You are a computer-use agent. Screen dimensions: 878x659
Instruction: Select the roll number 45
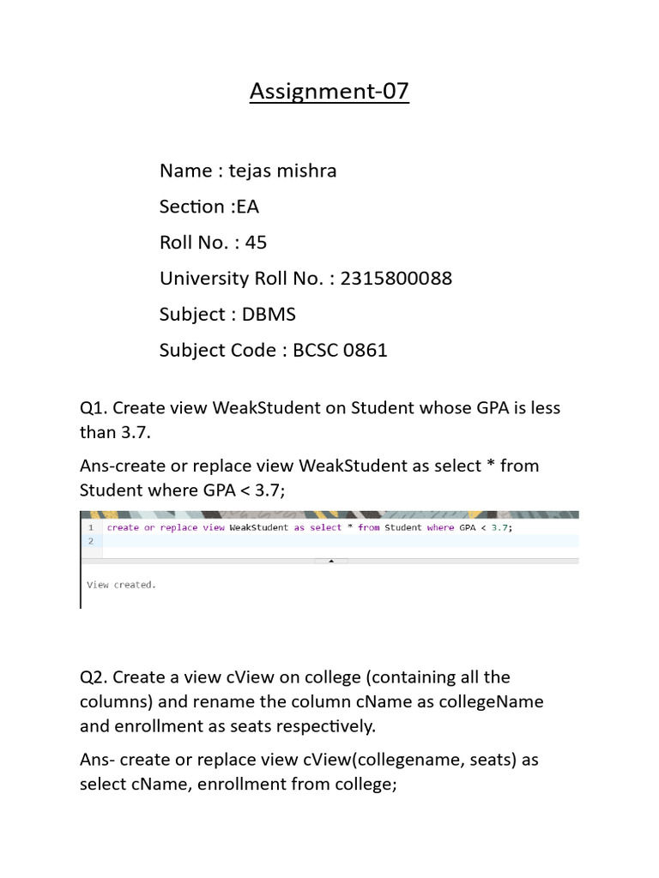point(256,243)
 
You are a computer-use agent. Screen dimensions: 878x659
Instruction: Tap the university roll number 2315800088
point(396,279)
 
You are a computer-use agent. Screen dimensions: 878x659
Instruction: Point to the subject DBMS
point(269,315)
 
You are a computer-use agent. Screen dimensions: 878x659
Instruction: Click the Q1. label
point(94,408)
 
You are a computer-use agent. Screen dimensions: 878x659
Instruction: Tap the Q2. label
point(94,677)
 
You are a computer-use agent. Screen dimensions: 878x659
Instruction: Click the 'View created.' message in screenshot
point(121,585)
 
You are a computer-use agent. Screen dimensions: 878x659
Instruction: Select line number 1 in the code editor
point(90,528)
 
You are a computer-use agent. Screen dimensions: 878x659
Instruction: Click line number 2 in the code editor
point(90,542)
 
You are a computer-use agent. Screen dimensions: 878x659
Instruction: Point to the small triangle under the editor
point(332,561)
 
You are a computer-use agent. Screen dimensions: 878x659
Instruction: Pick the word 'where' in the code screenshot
point(440,528)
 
